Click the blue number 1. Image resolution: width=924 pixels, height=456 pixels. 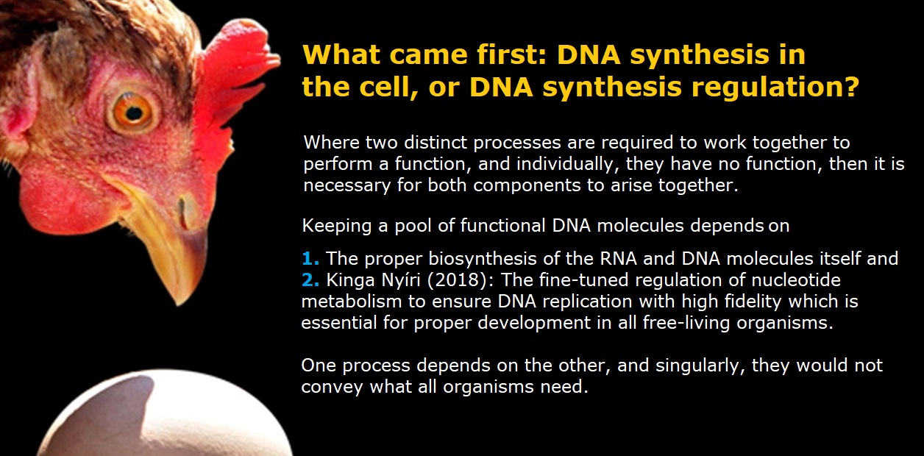[x=310, y=259]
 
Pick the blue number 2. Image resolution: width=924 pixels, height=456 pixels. [x=310, y=280]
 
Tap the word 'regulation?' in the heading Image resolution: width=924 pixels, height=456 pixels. [x=775, y=88]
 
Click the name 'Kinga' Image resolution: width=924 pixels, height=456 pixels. [x=351, y=281]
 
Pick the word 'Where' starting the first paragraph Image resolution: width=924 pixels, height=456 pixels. [x=331, y=143]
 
